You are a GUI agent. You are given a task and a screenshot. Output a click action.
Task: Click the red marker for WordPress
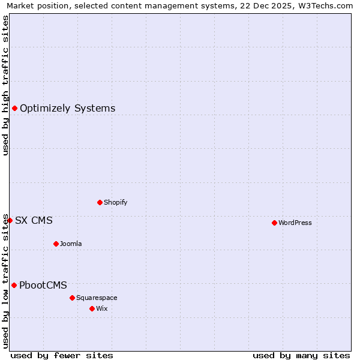tap(274, 223)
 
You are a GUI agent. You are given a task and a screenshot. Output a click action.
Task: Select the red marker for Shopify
tap(100, 202)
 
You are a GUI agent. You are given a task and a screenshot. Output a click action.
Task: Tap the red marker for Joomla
tap(56, 244)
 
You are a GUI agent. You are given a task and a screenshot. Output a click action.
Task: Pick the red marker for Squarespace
tap(72, 298)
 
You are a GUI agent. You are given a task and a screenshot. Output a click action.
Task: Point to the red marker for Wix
tap(92, 308)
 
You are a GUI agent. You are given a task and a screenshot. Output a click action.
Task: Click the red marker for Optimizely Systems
tap(14, 108)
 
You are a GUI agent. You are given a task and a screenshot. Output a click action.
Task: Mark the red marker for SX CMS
tap(10, 220)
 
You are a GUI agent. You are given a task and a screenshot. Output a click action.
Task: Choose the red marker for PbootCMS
tap(14, 285)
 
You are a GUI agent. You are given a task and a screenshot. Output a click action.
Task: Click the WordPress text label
tap(295, 223)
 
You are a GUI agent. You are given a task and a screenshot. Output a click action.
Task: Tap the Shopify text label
tap(115, 202)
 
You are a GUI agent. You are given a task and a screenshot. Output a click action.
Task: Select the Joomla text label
tap(71, 244)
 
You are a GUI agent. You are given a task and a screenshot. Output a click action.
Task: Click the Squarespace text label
tap(97, 298)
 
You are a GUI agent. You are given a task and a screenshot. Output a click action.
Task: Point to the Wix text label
tap(101, 308)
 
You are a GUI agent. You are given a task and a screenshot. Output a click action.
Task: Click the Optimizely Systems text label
tap(67, 108)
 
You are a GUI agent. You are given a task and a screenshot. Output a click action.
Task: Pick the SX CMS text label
tap(34, 220)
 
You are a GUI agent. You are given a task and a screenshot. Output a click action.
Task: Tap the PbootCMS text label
tap(43, 285)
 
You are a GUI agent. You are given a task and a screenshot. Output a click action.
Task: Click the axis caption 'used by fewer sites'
tap(62, 355)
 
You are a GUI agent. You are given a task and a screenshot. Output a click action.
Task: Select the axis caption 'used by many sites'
tap(301, 355)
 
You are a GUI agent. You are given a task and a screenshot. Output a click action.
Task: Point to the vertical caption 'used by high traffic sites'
tap(6, 85)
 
